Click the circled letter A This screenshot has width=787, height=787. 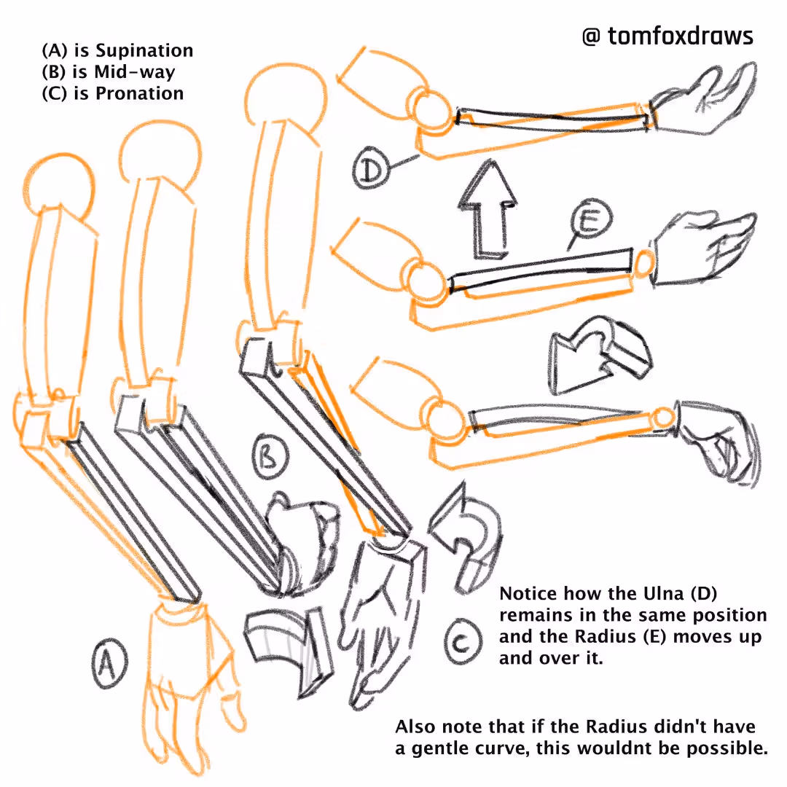coord(109,663)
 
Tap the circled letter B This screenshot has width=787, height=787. coord(270,458)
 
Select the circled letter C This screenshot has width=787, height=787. coord(463,642)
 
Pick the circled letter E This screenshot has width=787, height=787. coord(591,219)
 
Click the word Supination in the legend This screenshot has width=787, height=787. coord(144,50)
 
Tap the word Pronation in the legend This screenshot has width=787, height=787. coord(139,93)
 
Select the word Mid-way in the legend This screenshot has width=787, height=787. coord(135,71)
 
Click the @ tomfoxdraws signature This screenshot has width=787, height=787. coord(667,36)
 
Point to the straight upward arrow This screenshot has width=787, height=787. coord(487,209)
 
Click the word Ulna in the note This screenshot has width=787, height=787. coord(663,593)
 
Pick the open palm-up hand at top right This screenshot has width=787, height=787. coord(702,101)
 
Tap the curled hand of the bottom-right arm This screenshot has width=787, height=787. coord(718,442)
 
